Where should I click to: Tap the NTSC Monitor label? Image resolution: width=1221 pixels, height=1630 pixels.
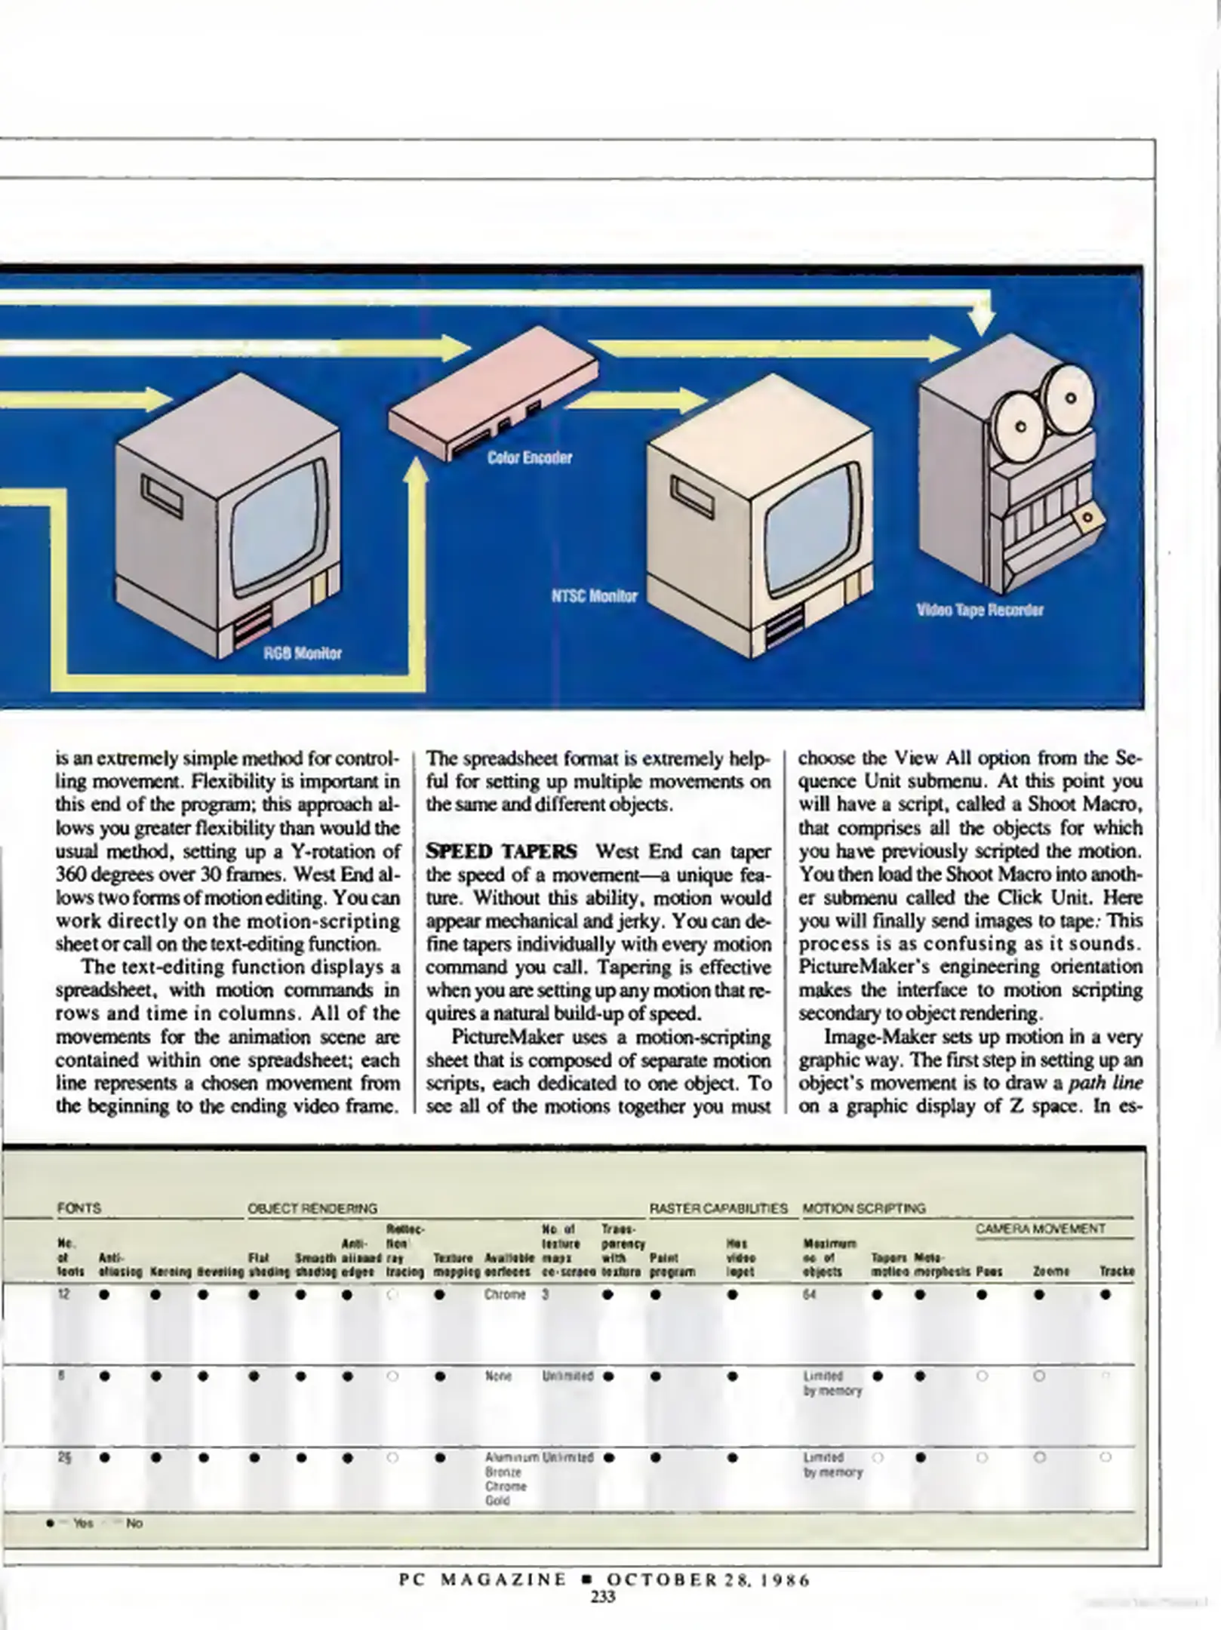tap(594, 595)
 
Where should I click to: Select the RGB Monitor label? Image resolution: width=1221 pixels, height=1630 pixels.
tap(302, 653)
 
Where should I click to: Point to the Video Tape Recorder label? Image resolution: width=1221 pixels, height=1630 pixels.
tap(980, 610)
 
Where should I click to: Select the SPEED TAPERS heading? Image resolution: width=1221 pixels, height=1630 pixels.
tap(501, 851)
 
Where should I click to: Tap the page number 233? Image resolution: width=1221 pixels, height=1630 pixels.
tap(604, 1596)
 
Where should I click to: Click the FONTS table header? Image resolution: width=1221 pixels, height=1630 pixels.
tap(79, 1207)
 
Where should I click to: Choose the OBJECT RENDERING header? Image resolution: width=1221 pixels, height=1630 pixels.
tap(312, 1208)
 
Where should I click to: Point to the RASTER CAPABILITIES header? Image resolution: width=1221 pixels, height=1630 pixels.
tap(718, 1208)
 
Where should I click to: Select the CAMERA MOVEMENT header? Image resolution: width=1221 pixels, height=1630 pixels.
tap(1040, 1229)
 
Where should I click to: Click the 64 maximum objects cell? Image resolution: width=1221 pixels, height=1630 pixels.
tap(809, 1294)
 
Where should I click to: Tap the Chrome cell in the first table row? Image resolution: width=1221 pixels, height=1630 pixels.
tap(505, 1294)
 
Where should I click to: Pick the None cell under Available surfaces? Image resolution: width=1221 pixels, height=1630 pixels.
tap(498, 1376)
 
